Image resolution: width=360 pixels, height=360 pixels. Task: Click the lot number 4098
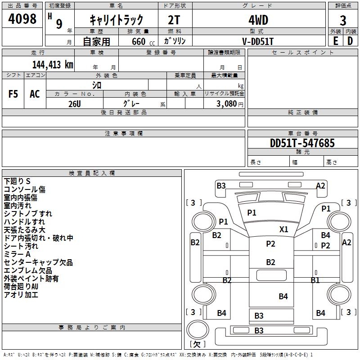[22, 19]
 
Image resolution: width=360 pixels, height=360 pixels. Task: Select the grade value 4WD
[258, 20]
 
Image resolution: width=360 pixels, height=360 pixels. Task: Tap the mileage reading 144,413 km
[53, 65]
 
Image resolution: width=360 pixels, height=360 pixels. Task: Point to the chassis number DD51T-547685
[302, 143]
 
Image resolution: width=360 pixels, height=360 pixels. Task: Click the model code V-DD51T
[258, 41]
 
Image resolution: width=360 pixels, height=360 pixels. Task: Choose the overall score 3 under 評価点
[343, 21]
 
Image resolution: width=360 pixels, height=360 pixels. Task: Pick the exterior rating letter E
[336, 41]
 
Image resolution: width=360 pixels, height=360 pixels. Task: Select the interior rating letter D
[350, 41]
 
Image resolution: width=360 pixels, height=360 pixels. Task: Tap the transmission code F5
[13, 94]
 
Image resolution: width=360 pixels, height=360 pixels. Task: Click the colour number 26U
[75, 104]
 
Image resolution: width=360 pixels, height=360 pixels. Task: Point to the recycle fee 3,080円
[229, 104]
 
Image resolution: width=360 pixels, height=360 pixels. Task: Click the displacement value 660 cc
[143, 42]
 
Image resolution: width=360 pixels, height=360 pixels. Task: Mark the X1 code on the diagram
[284, 229]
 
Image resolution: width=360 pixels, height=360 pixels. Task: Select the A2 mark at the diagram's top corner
[320, 186]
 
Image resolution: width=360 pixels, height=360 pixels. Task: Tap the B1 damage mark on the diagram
[315, 280]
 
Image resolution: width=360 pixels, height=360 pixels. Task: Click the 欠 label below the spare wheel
[197, 344]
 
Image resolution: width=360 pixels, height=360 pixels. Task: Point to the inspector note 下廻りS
[17, 181]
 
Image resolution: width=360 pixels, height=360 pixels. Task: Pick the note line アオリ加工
[21, 295]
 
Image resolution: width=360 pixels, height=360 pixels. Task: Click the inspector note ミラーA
[17, 254]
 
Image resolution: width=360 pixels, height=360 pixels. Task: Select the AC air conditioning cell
[35, 94]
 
